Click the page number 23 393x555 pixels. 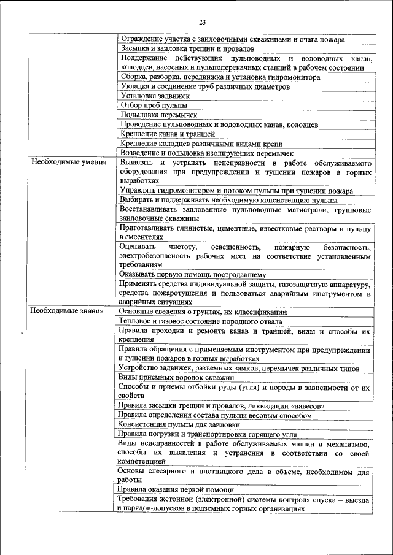[202, 23]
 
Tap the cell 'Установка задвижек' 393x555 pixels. [155, 96]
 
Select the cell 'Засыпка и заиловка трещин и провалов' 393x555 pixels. [185, 48]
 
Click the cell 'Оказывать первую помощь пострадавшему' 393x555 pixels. [192, 274]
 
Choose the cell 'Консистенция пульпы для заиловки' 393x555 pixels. [179, 424]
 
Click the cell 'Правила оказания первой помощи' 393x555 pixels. [176, 489]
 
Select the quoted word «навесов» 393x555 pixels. [305, 406]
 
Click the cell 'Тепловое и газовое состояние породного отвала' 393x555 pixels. [201, 321]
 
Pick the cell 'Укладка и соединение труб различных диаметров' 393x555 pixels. [204, 86]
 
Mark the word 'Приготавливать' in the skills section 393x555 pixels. [149, 228]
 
